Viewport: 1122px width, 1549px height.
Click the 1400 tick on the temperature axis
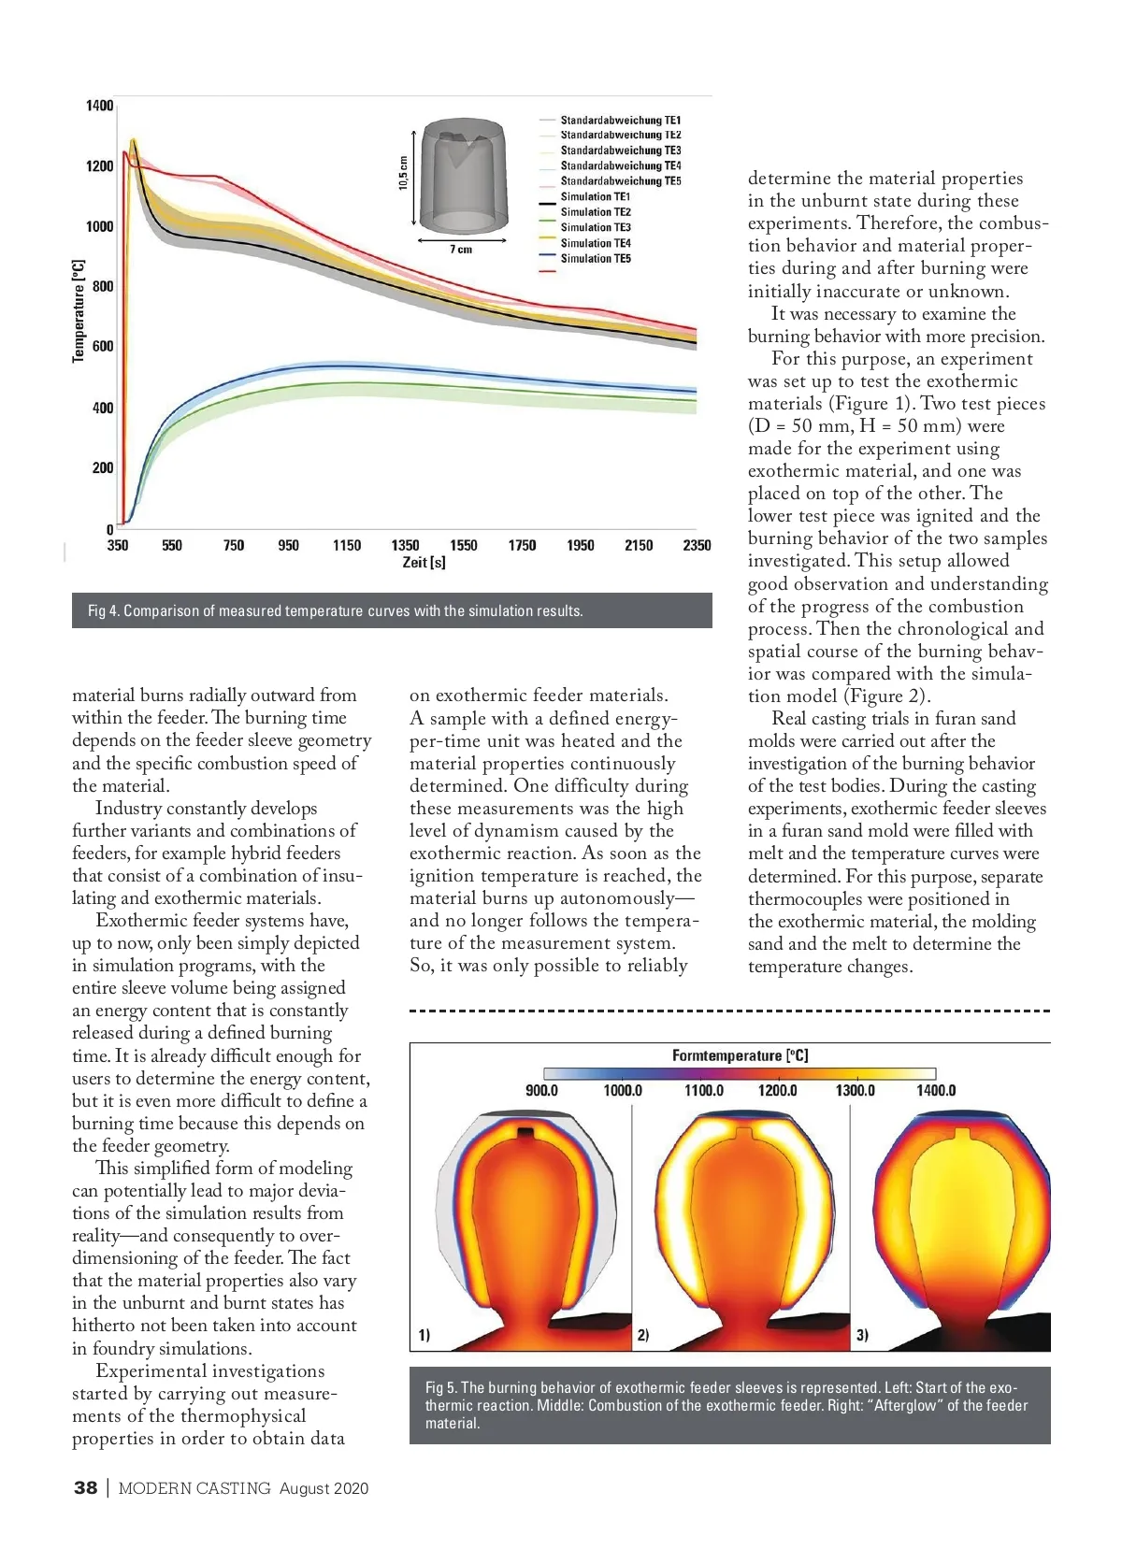point(100,106)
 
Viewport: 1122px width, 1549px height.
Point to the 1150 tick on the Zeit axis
point(347,545)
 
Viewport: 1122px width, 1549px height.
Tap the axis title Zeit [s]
point(424,563)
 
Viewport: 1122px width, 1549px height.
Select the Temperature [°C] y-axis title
point(79,311)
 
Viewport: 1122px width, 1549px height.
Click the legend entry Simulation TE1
point(596,197)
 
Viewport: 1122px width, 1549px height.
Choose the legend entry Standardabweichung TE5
point(621,181)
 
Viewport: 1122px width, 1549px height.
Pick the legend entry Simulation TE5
point(596,259)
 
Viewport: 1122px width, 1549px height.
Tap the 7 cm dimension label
point(461,250)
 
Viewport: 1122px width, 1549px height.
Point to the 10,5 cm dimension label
point(404,173)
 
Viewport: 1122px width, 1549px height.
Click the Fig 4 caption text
point(336,611)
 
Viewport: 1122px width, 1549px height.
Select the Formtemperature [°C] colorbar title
point(740,1055)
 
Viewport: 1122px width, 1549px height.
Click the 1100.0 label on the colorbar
point(704,1091)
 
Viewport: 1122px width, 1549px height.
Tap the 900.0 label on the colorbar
point(541,1091)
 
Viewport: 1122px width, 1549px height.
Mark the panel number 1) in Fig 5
point(424,1335)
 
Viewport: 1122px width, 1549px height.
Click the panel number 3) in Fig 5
point(862,1335)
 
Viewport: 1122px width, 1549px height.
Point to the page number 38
point(85,1488)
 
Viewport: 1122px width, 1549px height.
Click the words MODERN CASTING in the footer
point(194,1488)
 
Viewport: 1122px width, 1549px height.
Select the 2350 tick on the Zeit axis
point(697,545)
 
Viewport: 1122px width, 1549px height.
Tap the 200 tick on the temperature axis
point(103,467)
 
